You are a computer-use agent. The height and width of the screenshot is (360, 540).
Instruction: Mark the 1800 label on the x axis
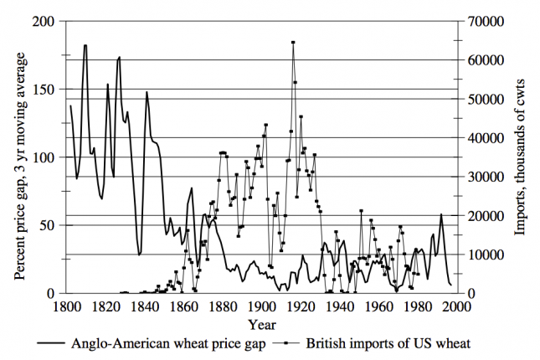[x=66, y=306]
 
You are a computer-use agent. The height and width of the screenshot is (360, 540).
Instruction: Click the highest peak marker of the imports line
[x=293, y=42]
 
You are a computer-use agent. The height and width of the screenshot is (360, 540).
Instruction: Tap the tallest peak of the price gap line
[x=85, y=45]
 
